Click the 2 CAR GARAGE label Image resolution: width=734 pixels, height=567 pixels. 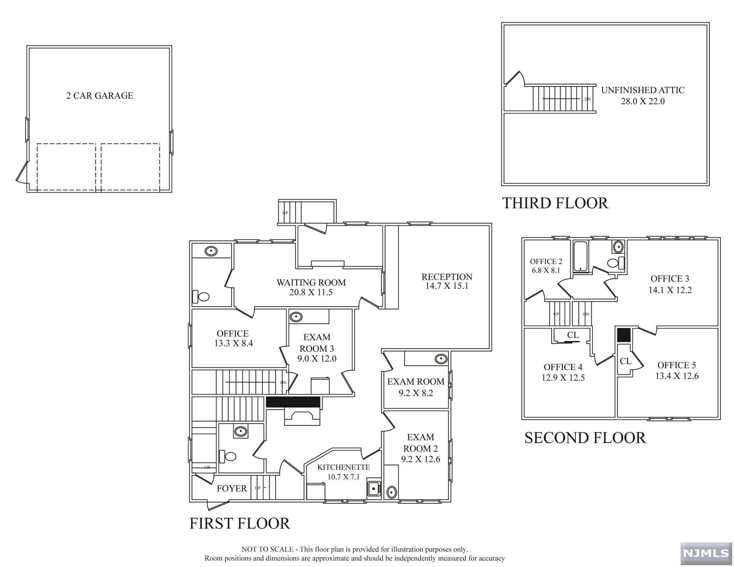[x=100, y=96]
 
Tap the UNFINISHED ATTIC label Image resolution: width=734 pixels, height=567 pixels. [x=643, y=90]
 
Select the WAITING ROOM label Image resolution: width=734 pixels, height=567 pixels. [x=311, y=283]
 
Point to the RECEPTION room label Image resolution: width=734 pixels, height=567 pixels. [x=447, y=277]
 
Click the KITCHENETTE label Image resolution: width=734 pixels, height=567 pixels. [x=343, y=467]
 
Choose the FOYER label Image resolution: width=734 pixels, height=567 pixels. [x=232, y=489]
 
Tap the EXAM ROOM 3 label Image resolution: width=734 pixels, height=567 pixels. [x=317, y=343]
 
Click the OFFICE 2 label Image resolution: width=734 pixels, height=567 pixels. [x=546, y=262]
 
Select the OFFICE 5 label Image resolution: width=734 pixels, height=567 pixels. [x=677, y=365]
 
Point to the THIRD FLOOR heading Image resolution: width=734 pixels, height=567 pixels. [x=555, y=203]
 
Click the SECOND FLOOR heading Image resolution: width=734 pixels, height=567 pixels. [x=585, y=438]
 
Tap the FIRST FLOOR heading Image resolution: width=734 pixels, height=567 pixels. [x=239, y=524]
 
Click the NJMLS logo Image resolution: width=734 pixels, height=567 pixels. [x=706, y=553]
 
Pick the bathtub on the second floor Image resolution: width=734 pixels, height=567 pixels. [x=580, y=256]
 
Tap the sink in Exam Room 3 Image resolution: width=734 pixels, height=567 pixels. [x=296, y=317]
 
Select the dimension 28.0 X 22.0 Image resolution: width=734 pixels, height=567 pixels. [x=643, y=101]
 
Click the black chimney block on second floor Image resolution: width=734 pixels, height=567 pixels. [x=624, y=335]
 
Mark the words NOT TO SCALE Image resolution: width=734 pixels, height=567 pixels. [x=267, y=549]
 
